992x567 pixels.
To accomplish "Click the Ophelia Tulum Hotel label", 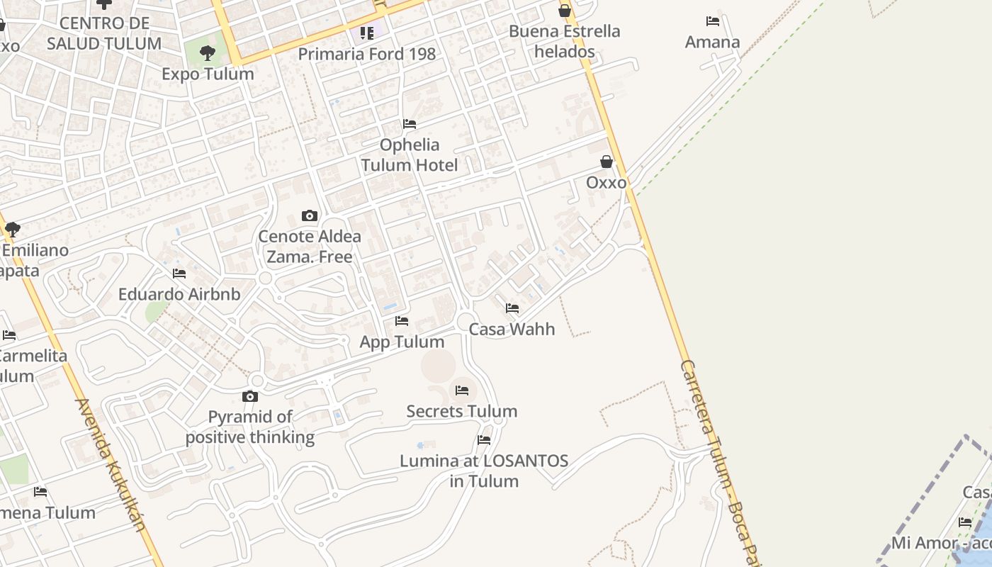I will coord(410,155).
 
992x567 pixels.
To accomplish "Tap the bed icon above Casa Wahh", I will coord(512,308).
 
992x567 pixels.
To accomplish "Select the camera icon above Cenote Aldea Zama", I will coord(310,215).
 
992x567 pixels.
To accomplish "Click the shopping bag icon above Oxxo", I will coord(607,162).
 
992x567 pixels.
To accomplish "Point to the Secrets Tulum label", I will coord(461,411).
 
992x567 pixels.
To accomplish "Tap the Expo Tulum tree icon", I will coord(208,52).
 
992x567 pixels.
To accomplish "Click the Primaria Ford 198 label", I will coord(366,54).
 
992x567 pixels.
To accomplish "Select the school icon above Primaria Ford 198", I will coord(366,33).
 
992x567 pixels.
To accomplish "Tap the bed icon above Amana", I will coord(713,21).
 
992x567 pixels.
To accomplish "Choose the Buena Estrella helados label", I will coord(564,41).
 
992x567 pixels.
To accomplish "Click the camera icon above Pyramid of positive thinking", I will coord(250,396).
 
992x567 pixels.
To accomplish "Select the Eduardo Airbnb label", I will coord(179,294).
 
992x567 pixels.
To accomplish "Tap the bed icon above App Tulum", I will coord(402,321).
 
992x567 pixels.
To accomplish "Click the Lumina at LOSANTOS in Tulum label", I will coord(484,471).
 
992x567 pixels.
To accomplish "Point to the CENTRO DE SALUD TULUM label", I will coord(104,33).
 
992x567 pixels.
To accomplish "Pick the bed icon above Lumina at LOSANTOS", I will coord(484,440).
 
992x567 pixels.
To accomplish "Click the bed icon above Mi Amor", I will coord(965,522).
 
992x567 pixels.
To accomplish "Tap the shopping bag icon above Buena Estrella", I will coord(565,11).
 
